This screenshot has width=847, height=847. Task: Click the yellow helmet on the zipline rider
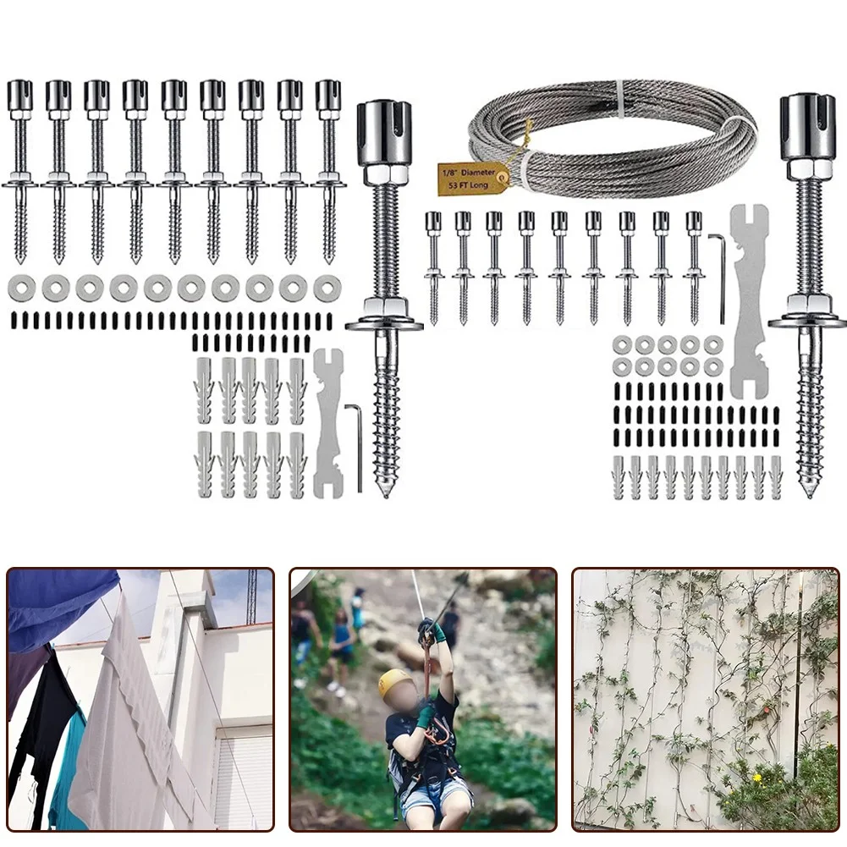pos(394,684)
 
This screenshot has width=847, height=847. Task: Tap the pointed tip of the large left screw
pos(386,491)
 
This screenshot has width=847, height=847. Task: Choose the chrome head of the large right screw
pos(808,127)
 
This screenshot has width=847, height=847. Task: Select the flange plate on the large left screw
pos(384,324)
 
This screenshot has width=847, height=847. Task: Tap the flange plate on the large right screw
pos(807,321)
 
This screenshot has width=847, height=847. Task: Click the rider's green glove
pos(426,718)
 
